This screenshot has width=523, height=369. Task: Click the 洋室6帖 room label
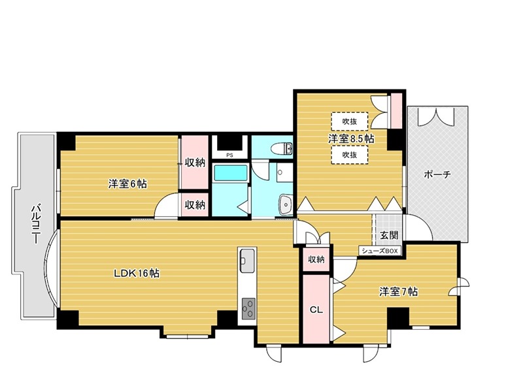pos(127,184)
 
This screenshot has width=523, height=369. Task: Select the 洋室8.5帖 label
pos(351,138)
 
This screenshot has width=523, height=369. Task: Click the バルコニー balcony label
pos(35,223)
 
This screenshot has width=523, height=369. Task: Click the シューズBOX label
pos(379,250)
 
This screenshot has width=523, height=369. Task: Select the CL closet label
pos(316,310)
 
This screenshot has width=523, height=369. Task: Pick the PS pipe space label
pos(229,155)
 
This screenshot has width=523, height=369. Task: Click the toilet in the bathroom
pos(282,147)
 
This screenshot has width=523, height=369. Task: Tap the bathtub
pos(229,174)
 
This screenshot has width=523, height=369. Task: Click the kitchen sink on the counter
pos(248,261)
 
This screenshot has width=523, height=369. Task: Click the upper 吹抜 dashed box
pos(348,121)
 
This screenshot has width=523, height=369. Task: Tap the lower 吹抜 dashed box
pos(348,155)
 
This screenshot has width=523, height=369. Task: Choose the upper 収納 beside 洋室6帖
pos(194,162)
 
